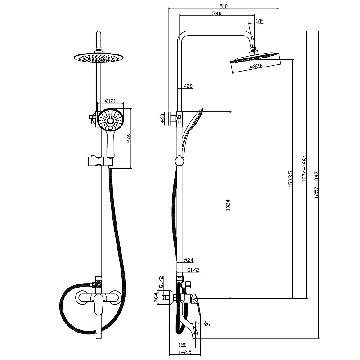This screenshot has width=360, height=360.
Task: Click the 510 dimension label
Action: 223,6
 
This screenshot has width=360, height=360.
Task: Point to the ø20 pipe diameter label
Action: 188,86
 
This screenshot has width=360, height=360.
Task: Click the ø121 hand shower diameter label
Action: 111,101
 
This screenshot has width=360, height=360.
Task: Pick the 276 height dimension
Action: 128,139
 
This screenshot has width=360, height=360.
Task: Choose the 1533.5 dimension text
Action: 290,179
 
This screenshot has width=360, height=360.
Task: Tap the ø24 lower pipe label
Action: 188,260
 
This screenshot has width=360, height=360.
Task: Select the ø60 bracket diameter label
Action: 162,119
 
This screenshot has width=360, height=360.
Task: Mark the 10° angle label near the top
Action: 259,21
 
